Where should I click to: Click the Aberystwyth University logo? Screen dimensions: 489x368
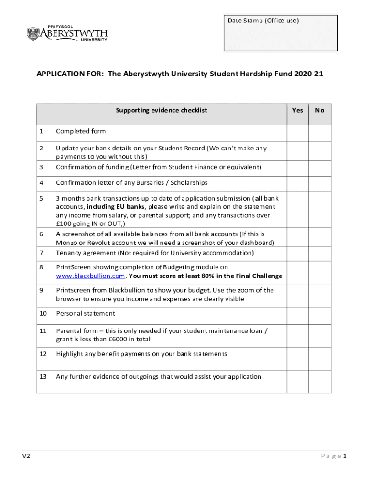tap(66, 33)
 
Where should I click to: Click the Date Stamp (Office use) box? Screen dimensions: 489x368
tap(281, 33)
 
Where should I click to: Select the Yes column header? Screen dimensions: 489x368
tap(297, 110)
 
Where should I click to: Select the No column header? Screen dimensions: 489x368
tap(319, 110)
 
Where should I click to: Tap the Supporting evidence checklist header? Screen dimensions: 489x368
tap(162, 110)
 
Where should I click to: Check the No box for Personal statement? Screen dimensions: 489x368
tap(319, 314)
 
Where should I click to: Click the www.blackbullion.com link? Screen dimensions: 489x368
tap(91, 276)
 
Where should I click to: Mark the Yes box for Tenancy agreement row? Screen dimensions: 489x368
tap(297, 253)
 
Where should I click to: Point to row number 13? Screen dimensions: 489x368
tap(43, 377)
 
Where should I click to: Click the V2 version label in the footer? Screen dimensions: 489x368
tap(26, 456)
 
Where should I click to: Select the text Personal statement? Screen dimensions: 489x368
tap(86, 314)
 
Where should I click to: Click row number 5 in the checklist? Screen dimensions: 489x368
tap(42, 198)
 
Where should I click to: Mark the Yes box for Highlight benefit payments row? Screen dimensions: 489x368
tap(297, 354)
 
